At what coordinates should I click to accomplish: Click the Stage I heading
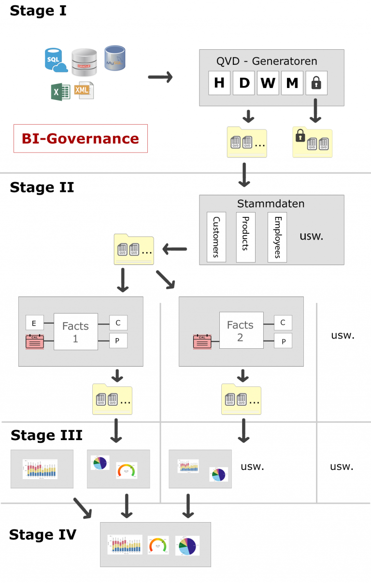38,11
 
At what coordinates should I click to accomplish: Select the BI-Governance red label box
80,139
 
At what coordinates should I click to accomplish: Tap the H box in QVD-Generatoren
219,83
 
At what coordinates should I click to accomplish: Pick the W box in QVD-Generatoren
268,83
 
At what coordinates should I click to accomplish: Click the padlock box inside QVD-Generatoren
316,83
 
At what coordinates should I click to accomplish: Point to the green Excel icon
60,91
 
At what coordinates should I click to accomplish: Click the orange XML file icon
84,90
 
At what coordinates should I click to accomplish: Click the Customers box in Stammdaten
216,237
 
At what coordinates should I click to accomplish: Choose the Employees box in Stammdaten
277,237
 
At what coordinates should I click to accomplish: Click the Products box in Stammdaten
245,237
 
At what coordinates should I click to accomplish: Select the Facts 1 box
75,332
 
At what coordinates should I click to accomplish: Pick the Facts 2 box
240,331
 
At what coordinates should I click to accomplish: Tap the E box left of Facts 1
34,323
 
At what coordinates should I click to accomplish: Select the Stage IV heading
43,534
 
